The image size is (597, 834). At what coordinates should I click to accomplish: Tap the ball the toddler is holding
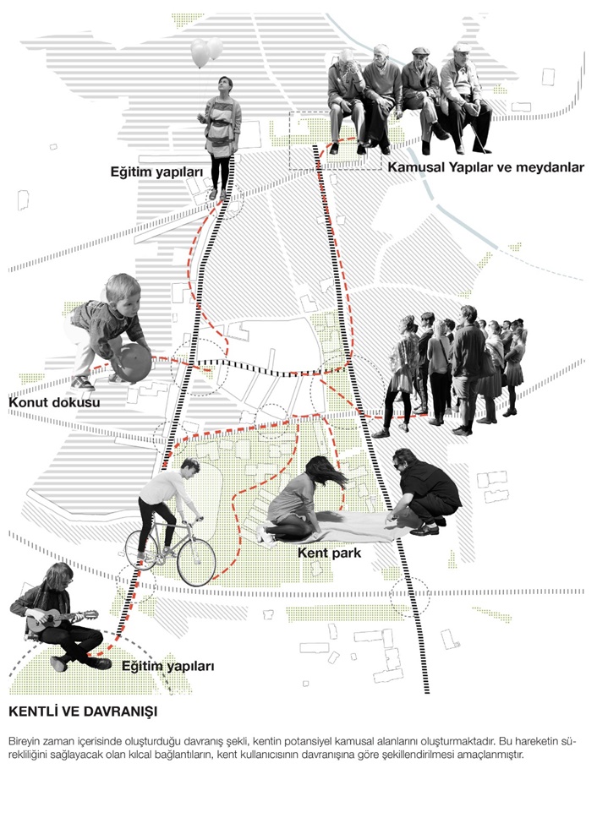tap(132, 362)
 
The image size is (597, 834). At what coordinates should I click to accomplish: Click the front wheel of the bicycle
tap(196, 562)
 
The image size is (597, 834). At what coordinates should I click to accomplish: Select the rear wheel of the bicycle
tap(141, 550)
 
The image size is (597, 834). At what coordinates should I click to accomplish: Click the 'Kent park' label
tap(329, 553)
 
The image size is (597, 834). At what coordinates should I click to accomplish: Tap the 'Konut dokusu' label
tap(54, 402)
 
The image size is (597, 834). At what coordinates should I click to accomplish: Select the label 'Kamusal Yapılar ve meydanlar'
tap(485, 167)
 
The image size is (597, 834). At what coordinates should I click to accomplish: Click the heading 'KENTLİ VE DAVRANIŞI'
tap(83, 711)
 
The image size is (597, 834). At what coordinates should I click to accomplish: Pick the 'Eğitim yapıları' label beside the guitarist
tap(167, 667)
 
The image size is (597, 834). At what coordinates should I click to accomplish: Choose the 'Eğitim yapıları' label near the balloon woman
tap(157, 172)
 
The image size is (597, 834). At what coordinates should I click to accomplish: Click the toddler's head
tap(123, 291)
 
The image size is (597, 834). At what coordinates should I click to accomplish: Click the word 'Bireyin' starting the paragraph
tap(22, 741)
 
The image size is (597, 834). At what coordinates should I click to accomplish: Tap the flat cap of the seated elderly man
tap(420, 51)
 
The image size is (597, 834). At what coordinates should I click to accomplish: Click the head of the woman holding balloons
tap(225, 85)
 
